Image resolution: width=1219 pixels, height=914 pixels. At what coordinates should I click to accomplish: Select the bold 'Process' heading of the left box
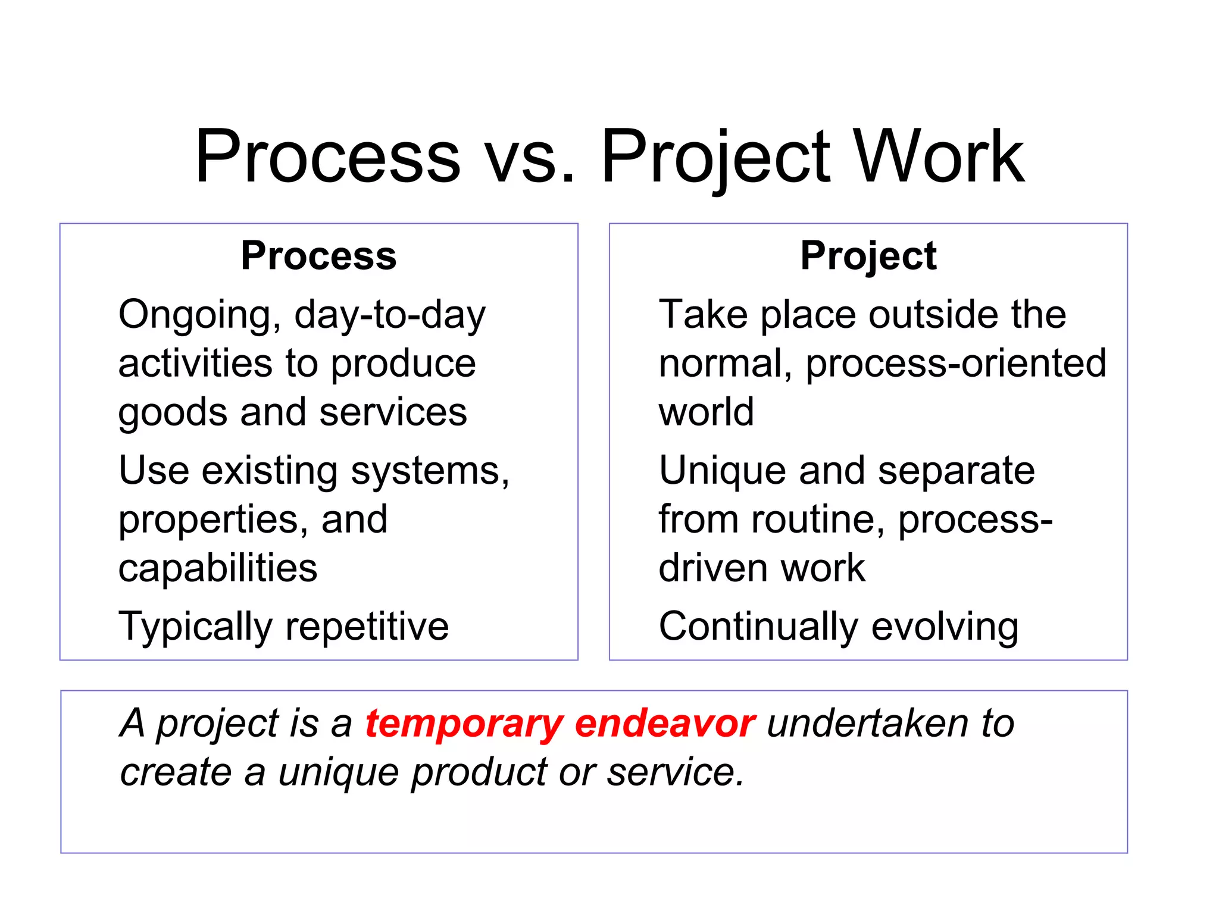[x=318, y=256]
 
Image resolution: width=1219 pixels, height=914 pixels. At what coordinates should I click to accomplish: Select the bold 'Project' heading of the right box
[x=868, y=256]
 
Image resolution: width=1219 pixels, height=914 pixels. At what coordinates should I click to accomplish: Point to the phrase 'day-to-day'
[x=390, y=315]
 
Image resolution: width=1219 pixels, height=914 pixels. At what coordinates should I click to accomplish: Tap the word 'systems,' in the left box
[x=430, y=471]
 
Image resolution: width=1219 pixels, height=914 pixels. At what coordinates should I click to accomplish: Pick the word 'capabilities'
[x=218, y=568]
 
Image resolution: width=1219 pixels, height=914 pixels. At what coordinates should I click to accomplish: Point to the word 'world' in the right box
[x=706, y=412]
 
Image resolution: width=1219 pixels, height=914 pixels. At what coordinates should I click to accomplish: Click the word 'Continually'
[x=758, y=627]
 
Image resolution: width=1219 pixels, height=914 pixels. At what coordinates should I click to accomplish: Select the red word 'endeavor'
[x=665, y=724]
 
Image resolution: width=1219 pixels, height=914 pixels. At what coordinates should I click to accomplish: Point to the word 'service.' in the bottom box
[x=676, y=772]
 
